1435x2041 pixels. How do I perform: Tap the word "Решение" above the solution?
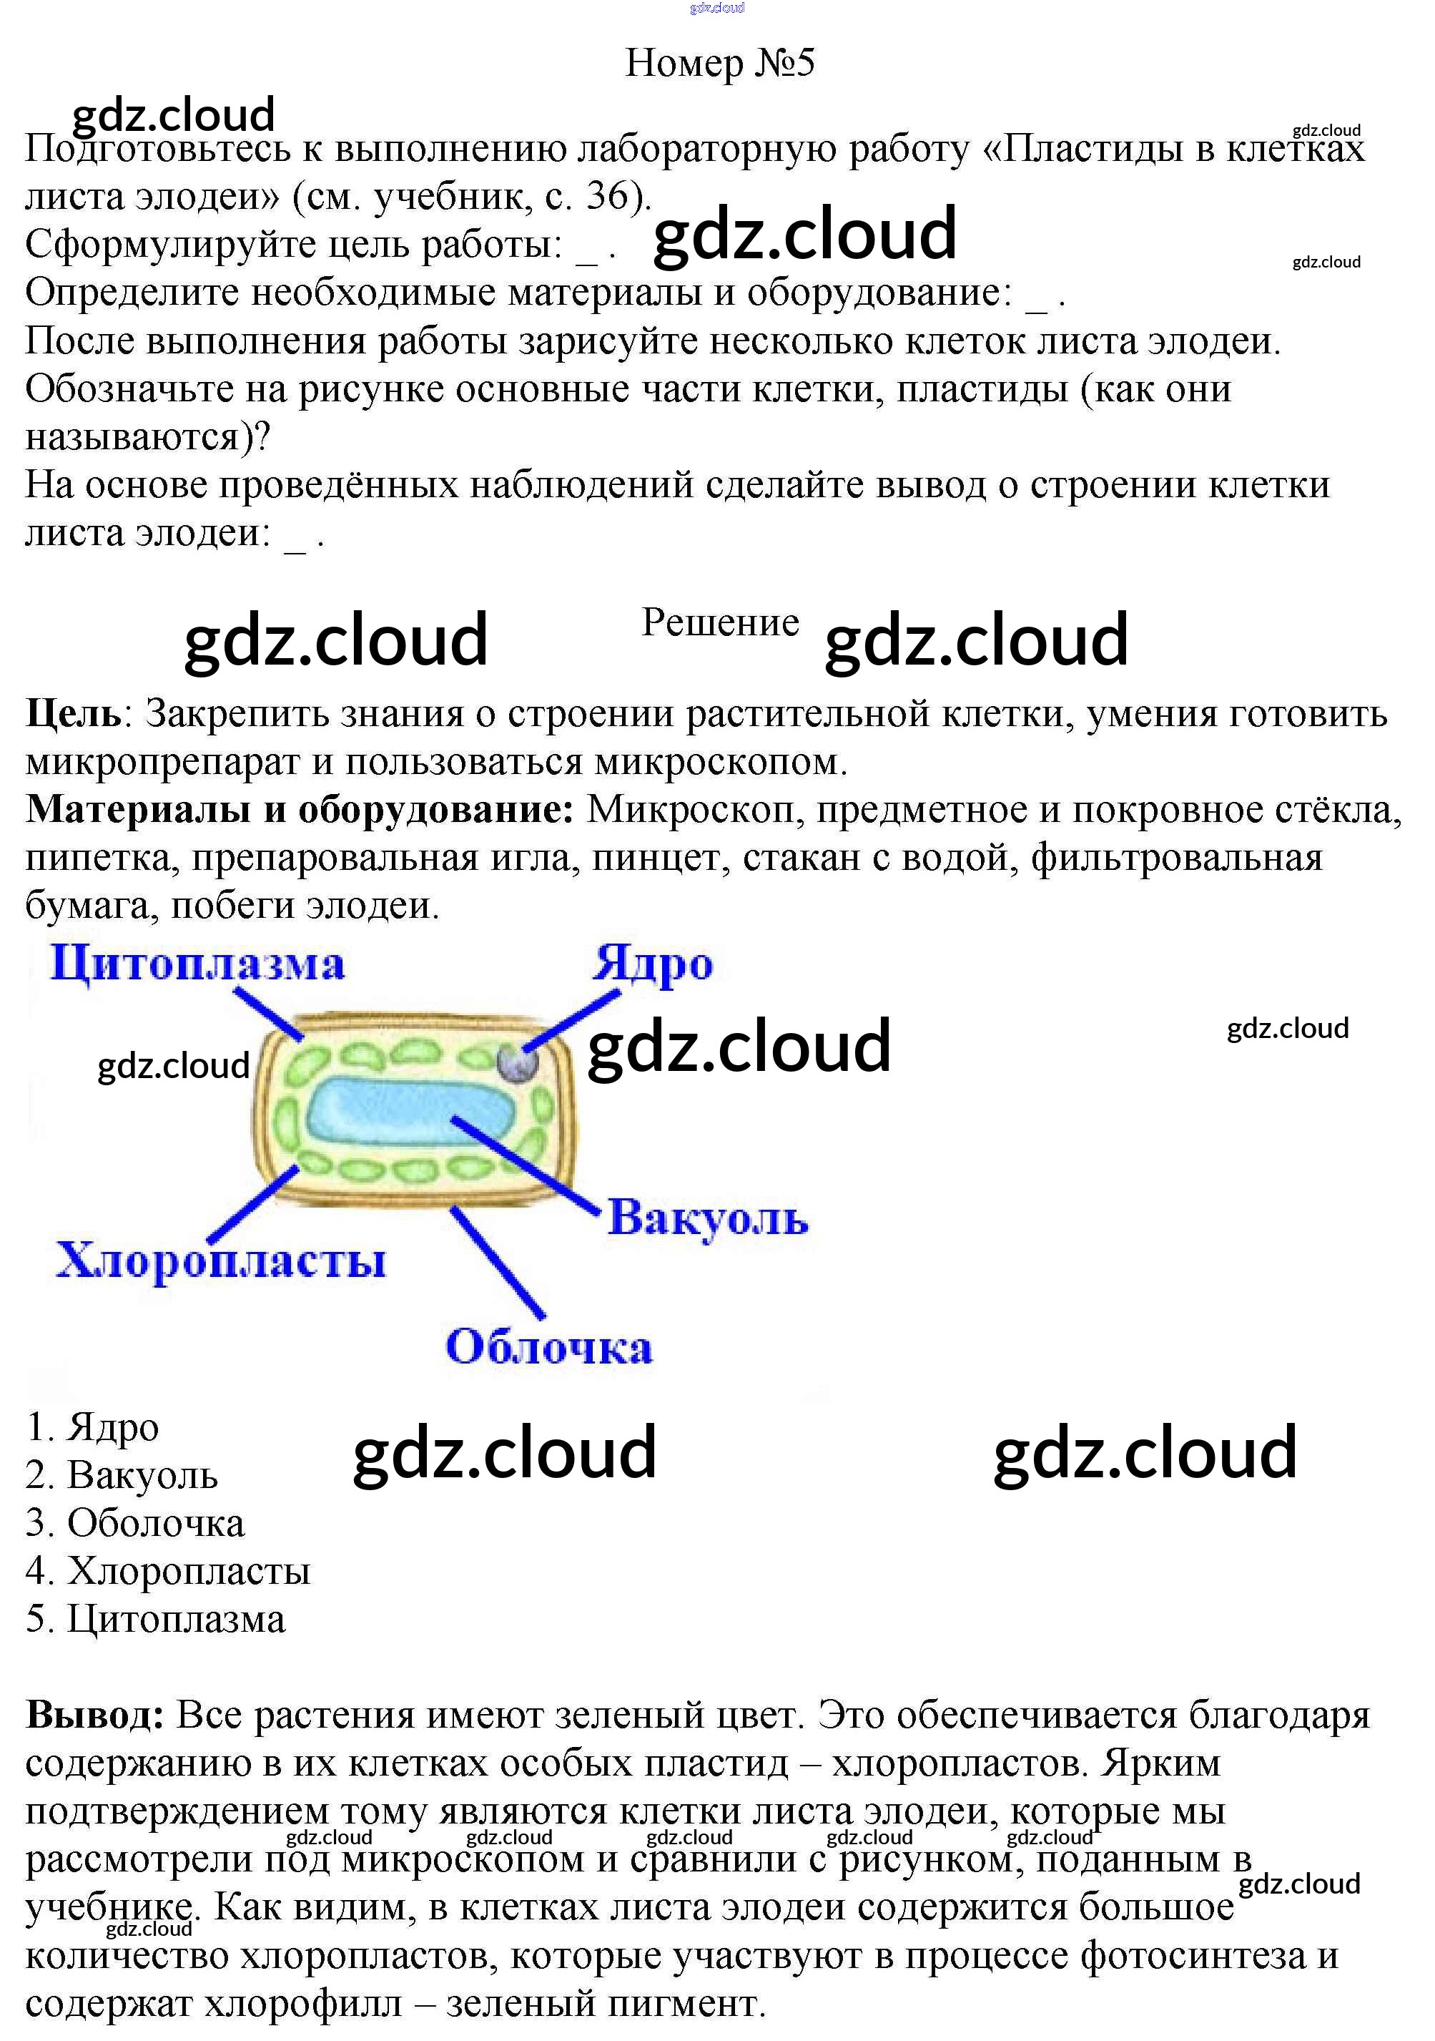(x=720, y=623)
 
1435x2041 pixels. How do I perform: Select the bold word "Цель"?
(x=73, y=714)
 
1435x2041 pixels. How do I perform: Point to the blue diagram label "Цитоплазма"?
(x=197, y=964)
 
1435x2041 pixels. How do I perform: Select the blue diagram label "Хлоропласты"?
(x=221, y=1261)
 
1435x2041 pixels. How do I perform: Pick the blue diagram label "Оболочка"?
(x=549, y=1347)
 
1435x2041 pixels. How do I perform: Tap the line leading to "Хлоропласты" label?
(x=253, y=1205)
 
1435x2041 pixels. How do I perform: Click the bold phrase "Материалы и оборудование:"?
(x=300, y=810)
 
